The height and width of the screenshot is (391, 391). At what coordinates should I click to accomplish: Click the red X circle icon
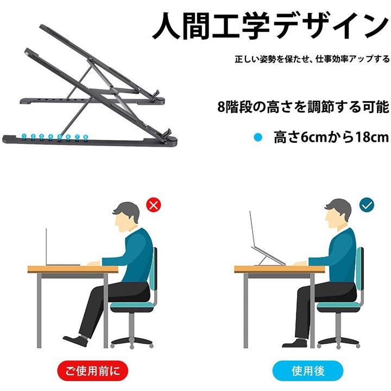[x=153, y=205]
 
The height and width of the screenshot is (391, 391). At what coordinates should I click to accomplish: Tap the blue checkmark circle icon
[x=367, y=205]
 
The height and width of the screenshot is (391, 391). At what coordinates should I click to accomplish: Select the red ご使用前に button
[x=92, y=370]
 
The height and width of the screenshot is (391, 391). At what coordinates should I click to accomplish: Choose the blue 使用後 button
[x=308, y=370]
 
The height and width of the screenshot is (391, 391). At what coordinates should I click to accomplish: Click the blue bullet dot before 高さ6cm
[x=258, y=137]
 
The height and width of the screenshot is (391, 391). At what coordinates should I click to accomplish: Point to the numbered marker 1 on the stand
[x=24, y=136]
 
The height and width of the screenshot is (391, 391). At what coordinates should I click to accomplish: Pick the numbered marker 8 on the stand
[x=86, y=137]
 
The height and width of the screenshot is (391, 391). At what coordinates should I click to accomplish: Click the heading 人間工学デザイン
[x=270, y=27]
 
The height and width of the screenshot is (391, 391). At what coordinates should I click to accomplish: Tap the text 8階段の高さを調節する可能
[x=303, y=107]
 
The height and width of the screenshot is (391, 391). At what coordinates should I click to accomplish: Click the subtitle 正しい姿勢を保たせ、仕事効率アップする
[x=312, y=59]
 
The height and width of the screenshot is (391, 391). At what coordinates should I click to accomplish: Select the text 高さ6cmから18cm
[x=331, y=137]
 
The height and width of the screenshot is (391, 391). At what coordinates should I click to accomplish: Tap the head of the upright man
[x=338, y=213]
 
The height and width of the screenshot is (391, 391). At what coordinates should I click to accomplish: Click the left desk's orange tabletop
[x=73, y=269]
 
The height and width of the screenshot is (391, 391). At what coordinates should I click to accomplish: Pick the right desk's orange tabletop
[x=279, y=269]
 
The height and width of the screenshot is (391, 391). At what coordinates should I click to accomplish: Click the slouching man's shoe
[x=75, y=340]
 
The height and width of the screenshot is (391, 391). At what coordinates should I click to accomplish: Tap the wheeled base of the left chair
[x=131, y=342]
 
